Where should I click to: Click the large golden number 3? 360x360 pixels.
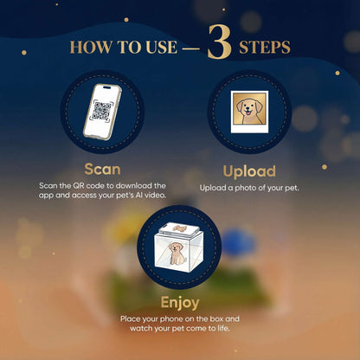click(x=220, y=42)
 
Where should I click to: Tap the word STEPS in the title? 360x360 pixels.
click(x=265, y=48)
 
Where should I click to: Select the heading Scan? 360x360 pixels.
click(x=102, y=170)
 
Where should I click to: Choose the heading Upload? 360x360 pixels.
click(x=249, y=171)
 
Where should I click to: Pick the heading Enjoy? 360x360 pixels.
click(x=180, y=303)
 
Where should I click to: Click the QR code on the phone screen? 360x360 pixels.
click(x=102, y=111)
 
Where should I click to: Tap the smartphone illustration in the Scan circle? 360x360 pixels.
click(x=102, y=112)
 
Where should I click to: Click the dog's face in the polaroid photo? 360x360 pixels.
click(x=249, y=108)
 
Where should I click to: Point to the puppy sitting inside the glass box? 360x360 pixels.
click(x=177, y=254)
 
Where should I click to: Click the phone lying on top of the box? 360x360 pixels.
click(x=179, y=229)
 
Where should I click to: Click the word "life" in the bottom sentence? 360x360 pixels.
click(x=222, y=329)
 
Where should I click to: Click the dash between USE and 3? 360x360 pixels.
click(x=191, y=48)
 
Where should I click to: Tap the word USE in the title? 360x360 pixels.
click(x=161, y=48)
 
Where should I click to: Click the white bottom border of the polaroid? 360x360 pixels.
click(x=249, y=129)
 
